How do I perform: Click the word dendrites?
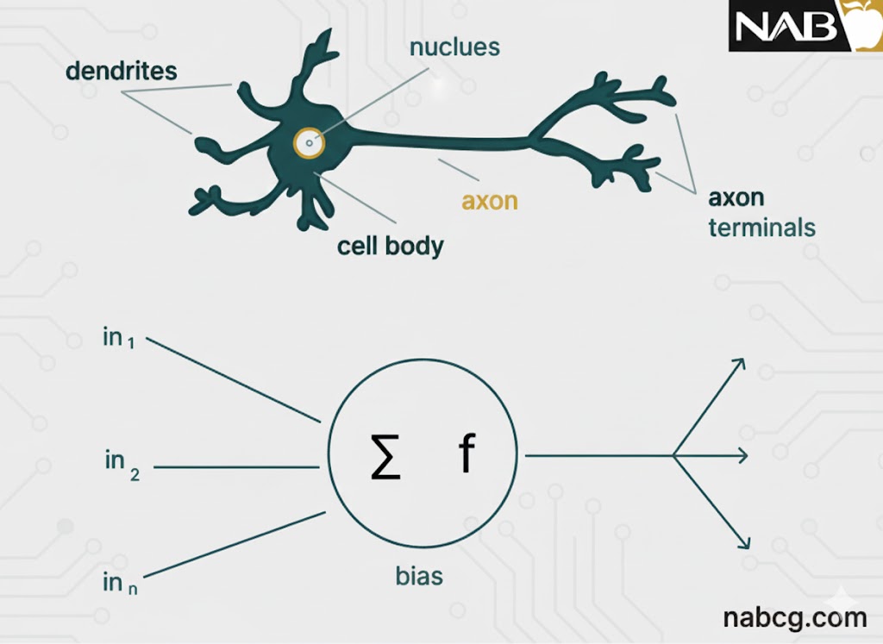[x=121, y=70]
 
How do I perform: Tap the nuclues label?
[x=454, y=46]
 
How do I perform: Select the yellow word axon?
[x=490, y=200]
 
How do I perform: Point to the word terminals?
[x=761, y=228]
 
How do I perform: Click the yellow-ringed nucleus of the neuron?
[x=309, y=142]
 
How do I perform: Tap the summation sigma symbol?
[x=385, y=456]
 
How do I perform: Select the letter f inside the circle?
[x=466, y=454]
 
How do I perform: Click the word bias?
[x=419, y=575]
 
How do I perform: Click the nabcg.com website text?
[x=795, y=617]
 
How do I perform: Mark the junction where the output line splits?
[x=674, y=455]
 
